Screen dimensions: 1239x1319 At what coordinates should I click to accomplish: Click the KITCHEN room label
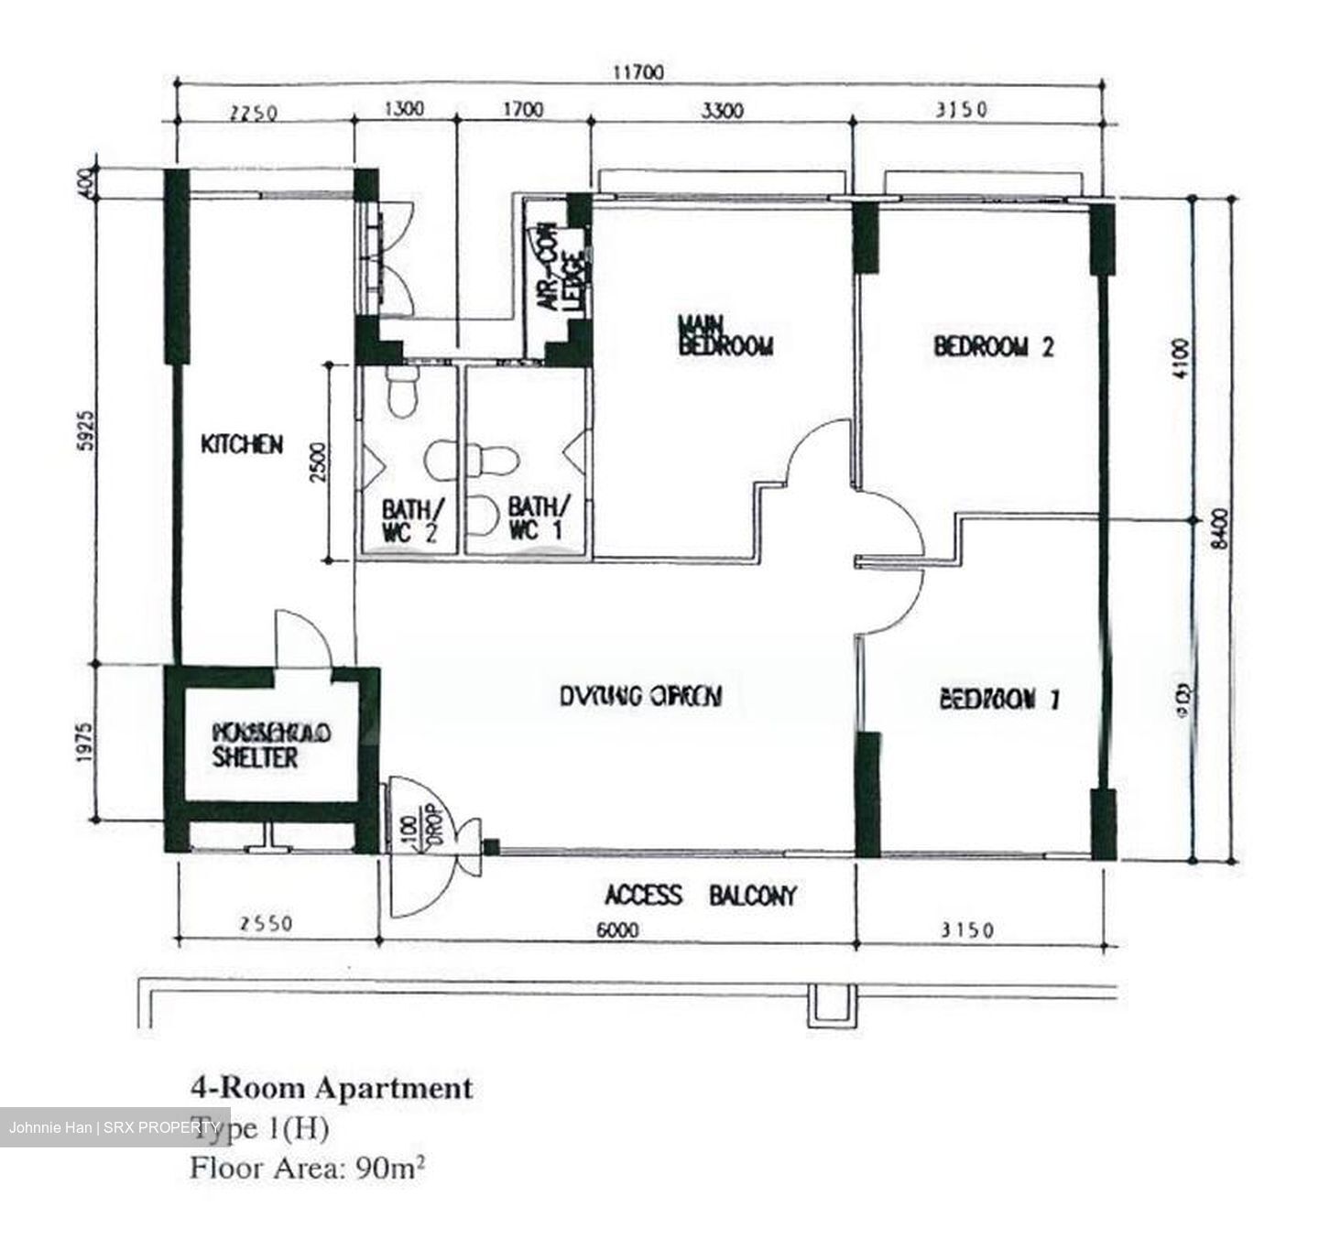tap(242, 445)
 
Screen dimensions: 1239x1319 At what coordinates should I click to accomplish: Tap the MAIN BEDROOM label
tap(725, 336)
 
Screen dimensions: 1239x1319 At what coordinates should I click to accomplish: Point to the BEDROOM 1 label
tap(1000, 700)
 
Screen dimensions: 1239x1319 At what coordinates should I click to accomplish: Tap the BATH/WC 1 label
tap(539, 518)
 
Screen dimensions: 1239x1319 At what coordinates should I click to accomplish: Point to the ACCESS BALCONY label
tap(701, 895)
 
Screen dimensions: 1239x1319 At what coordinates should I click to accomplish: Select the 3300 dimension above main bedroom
tap(722, 112)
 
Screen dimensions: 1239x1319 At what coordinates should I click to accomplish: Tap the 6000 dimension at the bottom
tap(617, 930)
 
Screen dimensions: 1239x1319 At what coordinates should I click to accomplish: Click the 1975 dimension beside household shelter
tap(85, 743)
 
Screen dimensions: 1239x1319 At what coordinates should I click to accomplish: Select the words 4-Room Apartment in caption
tap(332, 1088)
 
